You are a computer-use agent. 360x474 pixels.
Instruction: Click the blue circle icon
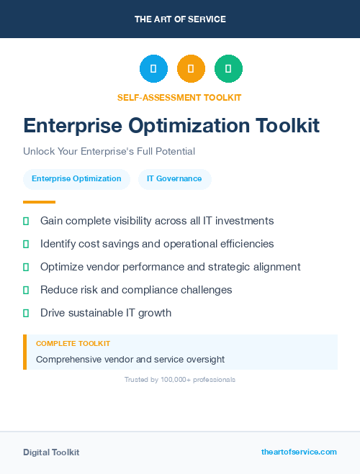coord(153,69)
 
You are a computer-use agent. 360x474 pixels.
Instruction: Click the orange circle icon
coord(191,69)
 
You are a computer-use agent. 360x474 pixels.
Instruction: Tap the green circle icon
coord(228,69)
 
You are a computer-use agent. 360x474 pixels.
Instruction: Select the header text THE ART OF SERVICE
coord(180,19)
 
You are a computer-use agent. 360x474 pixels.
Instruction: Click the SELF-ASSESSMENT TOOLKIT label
coord(179,97)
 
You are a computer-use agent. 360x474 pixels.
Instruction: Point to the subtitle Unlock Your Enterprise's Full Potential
coord(109,152)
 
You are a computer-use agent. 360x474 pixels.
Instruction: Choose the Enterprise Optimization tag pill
coord(76,179)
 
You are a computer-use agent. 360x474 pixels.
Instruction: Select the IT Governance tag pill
coord(174,179)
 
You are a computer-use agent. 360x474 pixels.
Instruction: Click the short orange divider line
coord(39,202)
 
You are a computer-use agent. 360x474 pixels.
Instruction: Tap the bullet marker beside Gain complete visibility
coord(26,221)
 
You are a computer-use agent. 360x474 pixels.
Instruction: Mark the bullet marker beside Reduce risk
coord(26,290)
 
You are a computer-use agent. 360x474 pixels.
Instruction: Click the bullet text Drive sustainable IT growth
coord(106,313)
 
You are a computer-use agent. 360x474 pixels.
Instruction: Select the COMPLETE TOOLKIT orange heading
coord(73,344)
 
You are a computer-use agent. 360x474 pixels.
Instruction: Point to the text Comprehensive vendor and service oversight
coord(130,359)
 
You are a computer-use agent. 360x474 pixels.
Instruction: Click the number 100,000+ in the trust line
coord(175,379)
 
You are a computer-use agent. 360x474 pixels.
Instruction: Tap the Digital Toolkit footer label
coord(51,452)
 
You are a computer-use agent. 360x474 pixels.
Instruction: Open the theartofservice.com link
coord(299,452)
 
